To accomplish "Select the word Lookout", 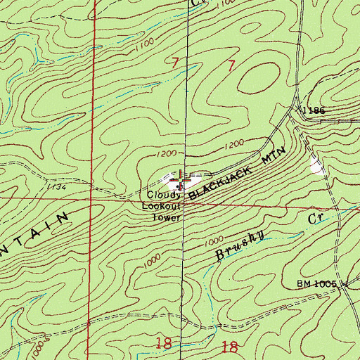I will [162, 205].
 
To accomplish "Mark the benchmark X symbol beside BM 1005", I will [345, 284].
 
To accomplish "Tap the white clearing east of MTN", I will [318, 166].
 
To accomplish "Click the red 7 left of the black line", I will [175, 64].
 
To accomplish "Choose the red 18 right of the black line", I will [229, 345].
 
